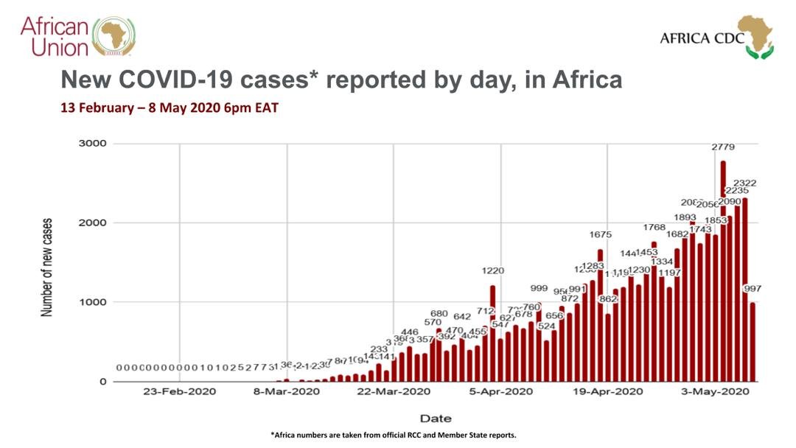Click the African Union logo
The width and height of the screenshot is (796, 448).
(x=77, y=36)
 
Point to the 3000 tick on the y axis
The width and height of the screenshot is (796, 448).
(x=93, y=144)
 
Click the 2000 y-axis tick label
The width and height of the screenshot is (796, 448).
(x=93, y=223)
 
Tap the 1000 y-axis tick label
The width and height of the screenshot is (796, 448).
(x=93, y=302)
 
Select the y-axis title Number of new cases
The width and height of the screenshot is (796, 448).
(x=48, y=267)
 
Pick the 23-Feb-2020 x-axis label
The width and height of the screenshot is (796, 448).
(x=180, y=391)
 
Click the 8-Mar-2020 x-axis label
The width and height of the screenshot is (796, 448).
(x=287, y=391)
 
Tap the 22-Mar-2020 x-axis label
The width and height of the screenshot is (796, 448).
(x=394, y=391)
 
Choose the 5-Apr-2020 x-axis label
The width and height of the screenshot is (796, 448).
(x=501, y=391)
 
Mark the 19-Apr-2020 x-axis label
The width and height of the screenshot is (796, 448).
(x=608, y=391)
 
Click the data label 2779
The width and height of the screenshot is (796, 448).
(x=723, y=147)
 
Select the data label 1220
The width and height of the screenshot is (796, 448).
(x=492, y=271)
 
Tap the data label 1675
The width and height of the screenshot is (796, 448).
(x=600, y=234)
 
